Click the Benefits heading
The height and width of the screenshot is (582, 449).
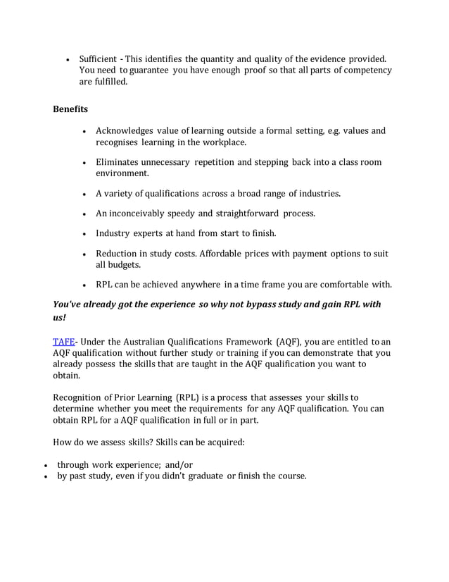point(70,109)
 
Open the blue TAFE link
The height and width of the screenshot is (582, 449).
point(65,342)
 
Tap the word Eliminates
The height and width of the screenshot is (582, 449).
point(120,162)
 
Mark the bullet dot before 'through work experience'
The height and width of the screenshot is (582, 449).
point(46,466)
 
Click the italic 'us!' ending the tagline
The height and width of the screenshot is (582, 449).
point(60,318)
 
